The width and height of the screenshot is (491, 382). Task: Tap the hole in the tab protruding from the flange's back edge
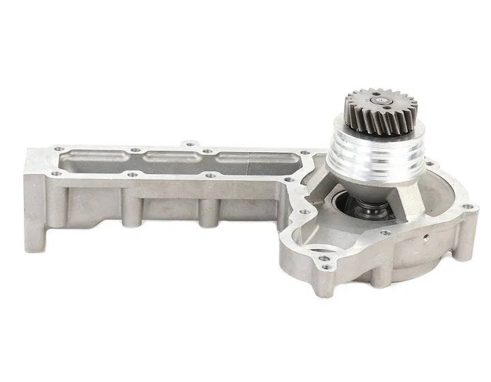[x=189, y=145]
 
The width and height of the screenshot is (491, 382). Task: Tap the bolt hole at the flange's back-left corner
[x=59, y=147]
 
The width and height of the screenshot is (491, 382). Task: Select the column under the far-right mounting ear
[x=464, y=232]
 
